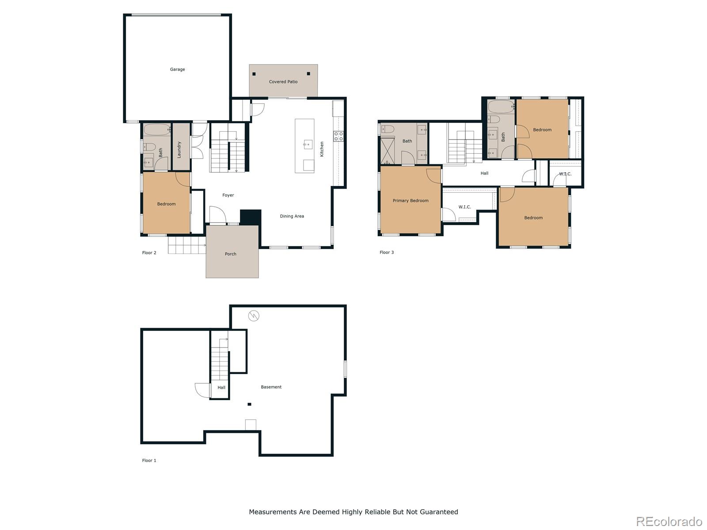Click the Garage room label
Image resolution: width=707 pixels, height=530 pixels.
click(177, 69)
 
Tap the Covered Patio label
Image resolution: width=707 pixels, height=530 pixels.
click(283, 82)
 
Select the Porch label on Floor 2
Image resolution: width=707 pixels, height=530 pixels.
click(230, 254)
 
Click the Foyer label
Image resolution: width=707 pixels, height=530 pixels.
click(228, 195)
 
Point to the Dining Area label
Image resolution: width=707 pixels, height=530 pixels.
click(292, 216)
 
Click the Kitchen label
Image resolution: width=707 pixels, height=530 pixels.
click(321, 149)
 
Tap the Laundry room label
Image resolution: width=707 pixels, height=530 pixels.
click(179, 150)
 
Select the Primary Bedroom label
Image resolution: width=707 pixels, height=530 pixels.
click(411, 201)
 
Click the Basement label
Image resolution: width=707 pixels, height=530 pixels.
click(271, 387)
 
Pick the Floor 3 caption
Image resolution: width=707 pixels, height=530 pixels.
click(387, 252)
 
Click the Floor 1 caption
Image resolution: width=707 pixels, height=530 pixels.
click(149, 461)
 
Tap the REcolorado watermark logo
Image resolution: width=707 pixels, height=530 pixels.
click(669, 521)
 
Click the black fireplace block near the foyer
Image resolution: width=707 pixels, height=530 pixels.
click(250, 218)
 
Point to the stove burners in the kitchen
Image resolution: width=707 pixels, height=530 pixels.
click(338, 136)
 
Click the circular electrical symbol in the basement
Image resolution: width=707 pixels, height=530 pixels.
click(254, 316)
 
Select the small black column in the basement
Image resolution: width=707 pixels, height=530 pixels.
click(249, 404)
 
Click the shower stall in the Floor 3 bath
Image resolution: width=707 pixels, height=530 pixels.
click(388, 150)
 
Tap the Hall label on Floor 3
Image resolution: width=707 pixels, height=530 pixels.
click(484, 173)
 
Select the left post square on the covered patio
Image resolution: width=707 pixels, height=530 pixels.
click(254, 74)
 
